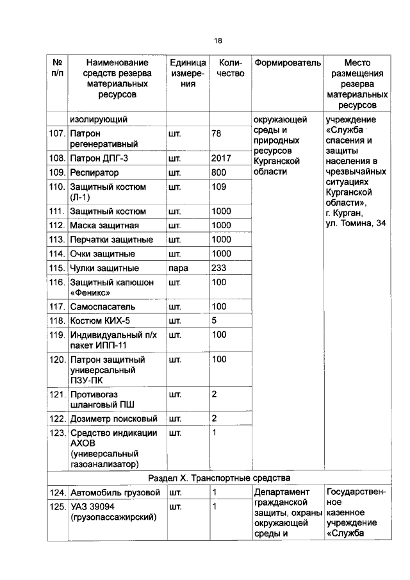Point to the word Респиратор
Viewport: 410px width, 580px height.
pos(95,172)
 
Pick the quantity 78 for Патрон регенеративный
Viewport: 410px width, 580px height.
pos(217,133)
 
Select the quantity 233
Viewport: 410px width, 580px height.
pos(219,268)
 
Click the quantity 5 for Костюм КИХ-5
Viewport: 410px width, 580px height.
pos(215,320)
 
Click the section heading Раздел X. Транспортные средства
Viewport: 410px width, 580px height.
pos(219,478)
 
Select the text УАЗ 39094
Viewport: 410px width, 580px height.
pos(95,507)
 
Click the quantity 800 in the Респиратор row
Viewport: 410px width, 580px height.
pos(219,172)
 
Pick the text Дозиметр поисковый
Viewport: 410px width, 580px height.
pos(114,418)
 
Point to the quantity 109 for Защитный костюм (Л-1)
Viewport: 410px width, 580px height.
pos(219,186)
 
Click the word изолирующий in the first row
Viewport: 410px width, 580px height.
pos(99,119)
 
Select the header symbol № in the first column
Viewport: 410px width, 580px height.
pos(57,63)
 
